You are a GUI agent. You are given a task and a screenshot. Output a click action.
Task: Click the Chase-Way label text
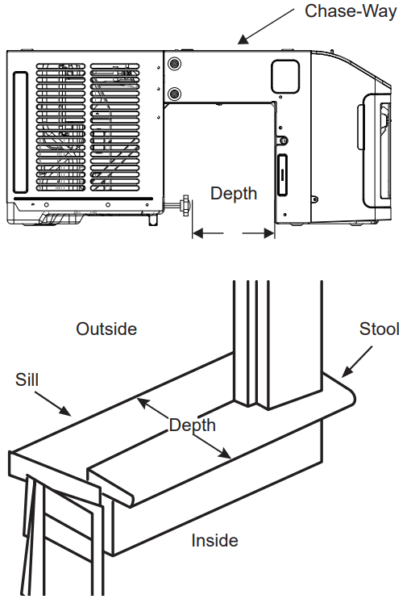(x=350, y=12)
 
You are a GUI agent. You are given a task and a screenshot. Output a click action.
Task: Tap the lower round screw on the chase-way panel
(x=174, y=94)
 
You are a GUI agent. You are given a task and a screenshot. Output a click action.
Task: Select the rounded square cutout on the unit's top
(x=284, y=75)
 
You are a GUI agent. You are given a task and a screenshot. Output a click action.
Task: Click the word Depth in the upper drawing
(x=234, y=193)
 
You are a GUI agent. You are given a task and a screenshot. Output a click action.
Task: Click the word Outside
(x=106, y=329)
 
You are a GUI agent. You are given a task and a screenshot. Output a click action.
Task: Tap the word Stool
(x=379, y=329)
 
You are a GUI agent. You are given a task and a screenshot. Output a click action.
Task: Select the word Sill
(x=27, y=379)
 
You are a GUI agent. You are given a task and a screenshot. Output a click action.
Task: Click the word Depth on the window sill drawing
(x=192, y=425)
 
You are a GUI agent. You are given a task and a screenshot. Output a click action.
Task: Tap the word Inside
(x=214, y=540)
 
